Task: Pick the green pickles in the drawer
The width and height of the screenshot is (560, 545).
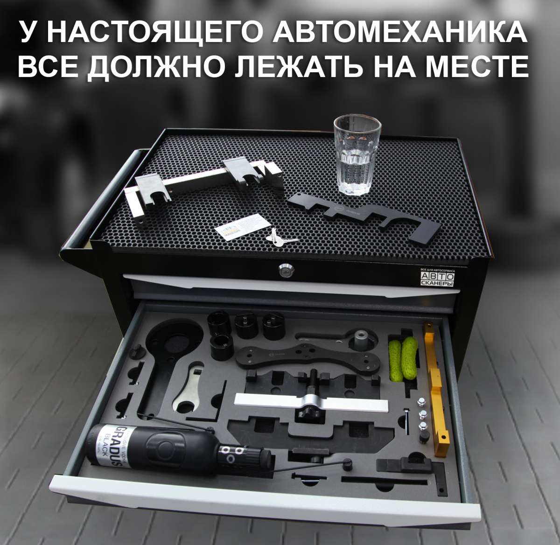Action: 402,357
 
